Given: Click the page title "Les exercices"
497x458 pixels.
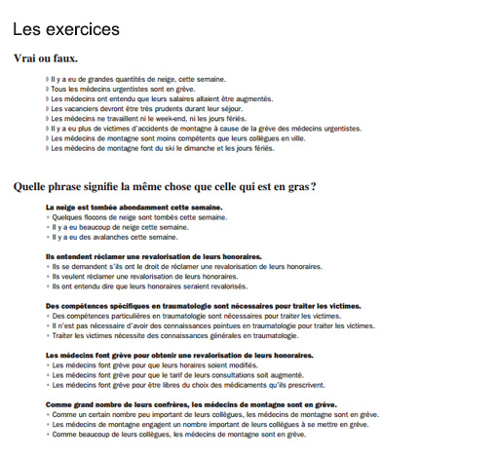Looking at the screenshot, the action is coord(66,30).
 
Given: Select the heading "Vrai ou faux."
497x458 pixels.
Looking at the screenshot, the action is coord(46,58).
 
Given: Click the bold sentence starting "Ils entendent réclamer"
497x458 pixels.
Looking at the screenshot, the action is coord(154,256).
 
